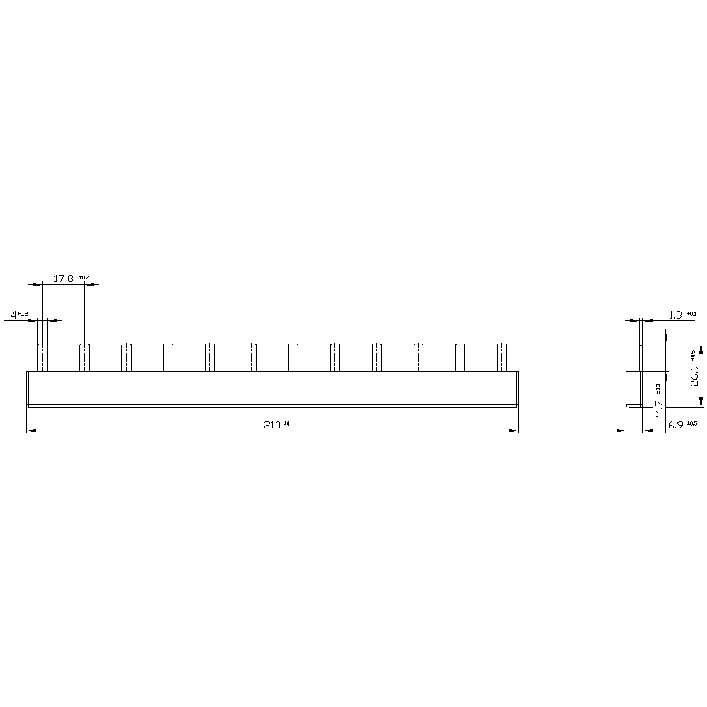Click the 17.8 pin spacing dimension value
pyautogui.click(x=64, y=279)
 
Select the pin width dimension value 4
pyautogui.click(x=13, y=314)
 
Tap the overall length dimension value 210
pyautogui.click(x=272, y=425)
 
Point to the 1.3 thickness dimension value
pyautogui.click(x=675, y=315)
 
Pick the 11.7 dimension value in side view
pyautogui.click(x=659, y=410)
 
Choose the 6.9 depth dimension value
pyautogui.click(x=675, y=425)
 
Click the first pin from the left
pyautogui.click(x=42, y=357)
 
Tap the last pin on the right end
pyautogui.click(x=502, y=357)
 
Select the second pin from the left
pyautogui.click(x=84, y=357)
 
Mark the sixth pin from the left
pyautogui.click(x=252, y=357)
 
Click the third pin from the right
pyautogui.click(x=419, y=357)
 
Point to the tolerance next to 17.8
pyautogui.click(x=85, y=277)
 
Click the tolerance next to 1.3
pyautogui.click(x=691, y=313)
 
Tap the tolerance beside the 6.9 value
pyautogui.click(x=691, y=423)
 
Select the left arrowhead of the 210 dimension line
pyautogui.click(x=30, y=431)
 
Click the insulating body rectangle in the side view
pyautogui.click(x=633, y=389)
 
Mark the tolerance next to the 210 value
pyautogui.click(x=287, y=423)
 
